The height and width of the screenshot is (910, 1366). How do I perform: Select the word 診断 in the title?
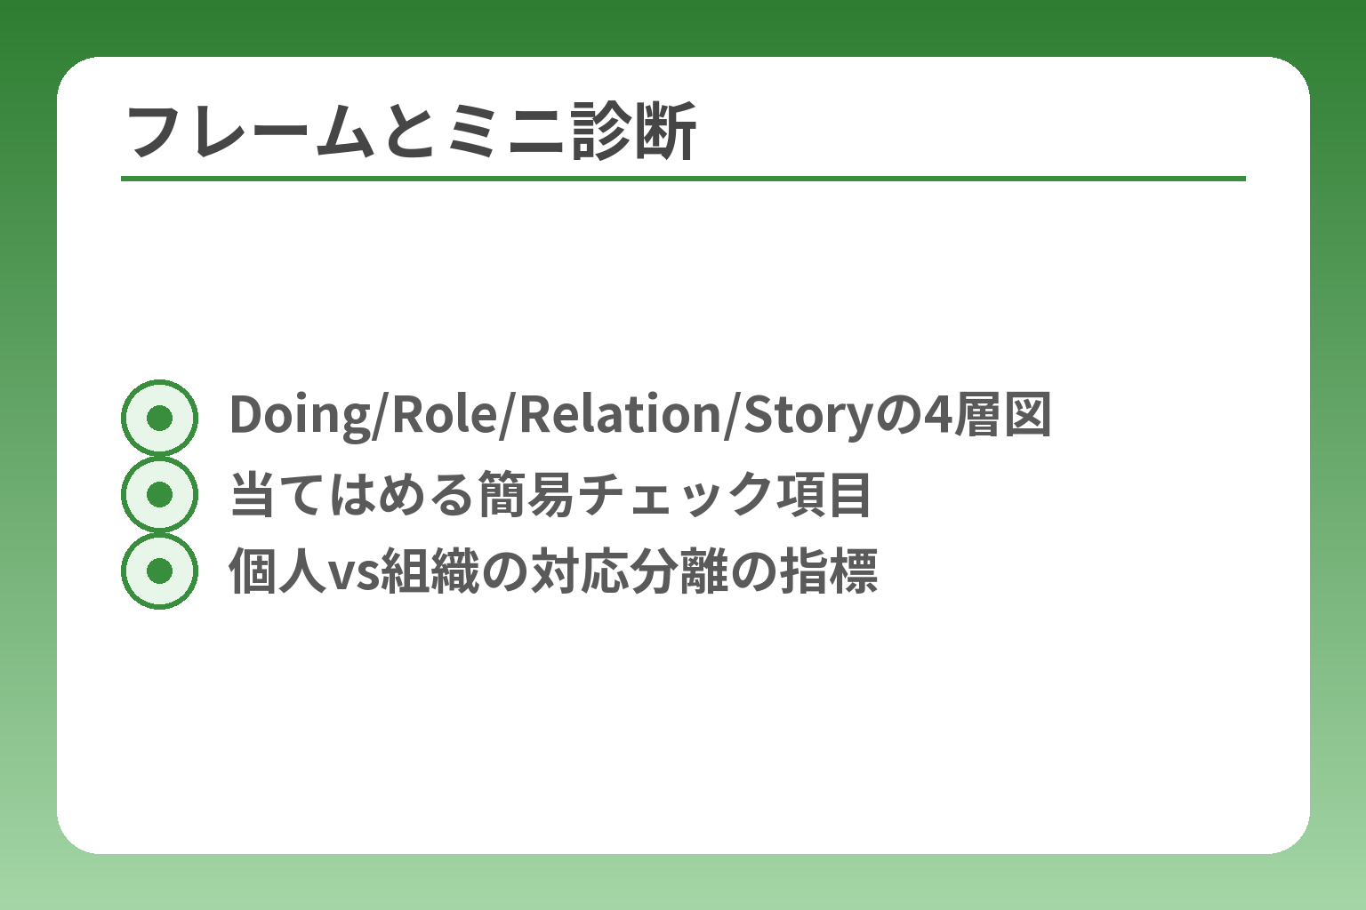[634, 132]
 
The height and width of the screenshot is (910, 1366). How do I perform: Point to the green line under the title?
[683, 179]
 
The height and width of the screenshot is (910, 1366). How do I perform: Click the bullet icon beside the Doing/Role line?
[159, 418]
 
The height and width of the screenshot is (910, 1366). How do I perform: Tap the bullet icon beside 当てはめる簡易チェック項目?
[159, 494]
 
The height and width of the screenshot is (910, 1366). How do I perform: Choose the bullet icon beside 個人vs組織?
[159, 571]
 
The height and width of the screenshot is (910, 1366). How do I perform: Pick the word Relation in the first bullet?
[619, 416]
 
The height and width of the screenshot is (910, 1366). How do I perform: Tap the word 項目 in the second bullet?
[824, 494]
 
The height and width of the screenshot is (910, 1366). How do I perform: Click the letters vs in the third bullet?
[354, 572]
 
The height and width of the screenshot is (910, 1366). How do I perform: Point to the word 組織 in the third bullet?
[430, 571]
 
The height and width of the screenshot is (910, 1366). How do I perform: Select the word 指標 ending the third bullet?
[829, 571]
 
